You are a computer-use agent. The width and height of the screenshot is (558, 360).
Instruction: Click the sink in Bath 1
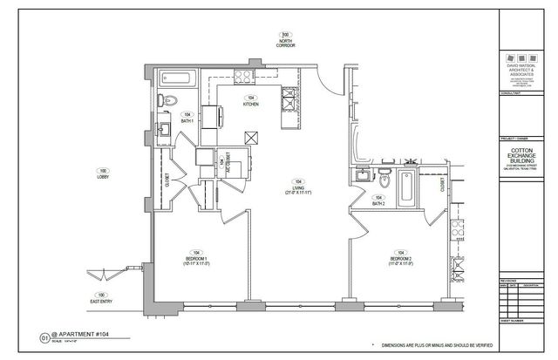coord(164,130)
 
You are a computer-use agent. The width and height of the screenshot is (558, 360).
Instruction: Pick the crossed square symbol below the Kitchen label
coord(252,136)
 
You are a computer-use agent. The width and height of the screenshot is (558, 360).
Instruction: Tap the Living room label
coord(299,187)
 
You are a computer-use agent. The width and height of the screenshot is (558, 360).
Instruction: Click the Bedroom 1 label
coord(196,259)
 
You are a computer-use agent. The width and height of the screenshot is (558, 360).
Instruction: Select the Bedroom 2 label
coord(401,257)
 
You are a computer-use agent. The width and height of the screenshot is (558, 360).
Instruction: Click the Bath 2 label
coord(378,200)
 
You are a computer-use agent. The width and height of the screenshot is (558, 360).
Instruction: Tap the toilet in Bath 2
coord(384,180)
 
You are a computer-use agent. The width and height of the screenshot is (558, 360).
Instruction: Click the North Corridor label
coord(284,38)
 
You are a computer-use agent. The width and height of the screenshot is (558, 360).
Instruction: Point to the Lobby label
coord(103,173)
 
